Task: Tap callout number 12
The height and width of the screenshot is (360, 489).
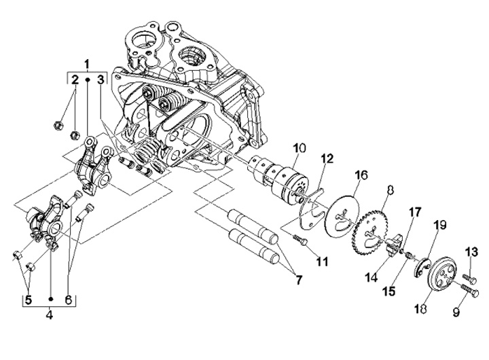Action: (x=327, y=158)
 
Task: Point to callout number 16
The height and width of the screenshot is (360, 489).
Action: (x=361, y=175)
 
